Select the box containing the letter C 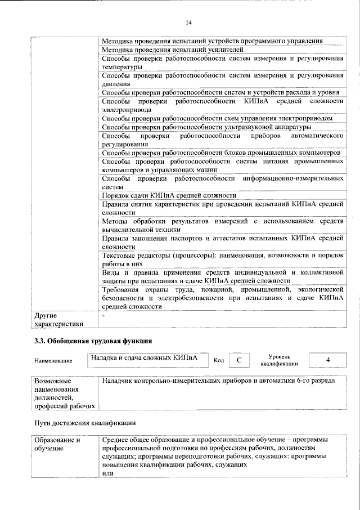[x=238, y=360]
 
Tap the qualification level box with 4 [x=328, y=360]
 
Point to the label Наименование [x=53, y=360]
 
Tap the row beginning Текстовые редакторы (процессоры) [x=222, y=259]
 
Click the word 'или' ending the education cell [x=107, y=473]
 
